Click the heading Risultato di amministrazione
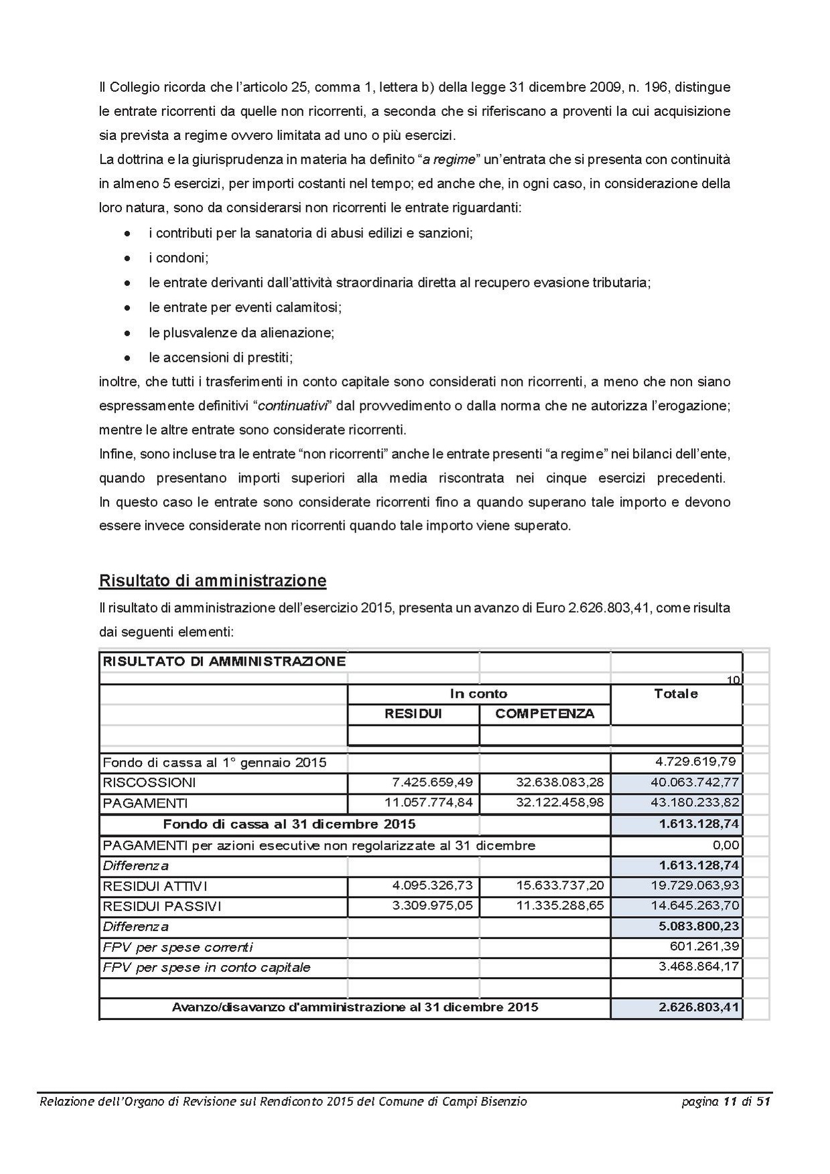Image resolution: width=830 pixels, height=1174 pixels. pos(212,580)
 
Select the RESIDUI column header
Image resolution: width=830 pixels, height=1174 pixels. pos(413,714)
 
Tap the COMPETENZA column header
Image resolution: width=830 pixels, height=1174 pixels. pos(544,714)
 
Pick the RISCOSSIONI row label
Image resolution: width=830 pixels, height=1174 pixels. pos(149,782)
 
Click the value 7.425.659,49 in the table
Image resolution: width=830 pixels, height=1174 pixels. pos(433,782)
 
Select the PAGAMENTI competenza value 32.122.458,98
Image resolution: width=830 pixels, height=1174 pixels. pos(560,802)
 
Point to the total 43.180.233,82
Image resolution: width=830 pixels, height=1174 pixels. pos(695,802)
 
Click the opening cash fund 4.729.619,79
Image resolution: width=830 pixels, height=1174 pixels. pos(695,761)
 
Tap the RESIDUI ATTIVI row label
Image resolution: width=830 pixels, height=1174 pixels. pos(155,886)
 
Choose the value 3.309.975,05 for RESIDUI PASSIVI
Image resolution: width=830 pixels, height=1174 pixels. pos(433,905)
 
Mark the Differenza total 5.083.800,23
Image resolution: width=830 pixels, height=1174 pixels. pos(699,926)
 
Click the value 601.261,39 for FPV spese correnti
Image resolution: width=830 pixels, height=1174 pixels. pos(704,946)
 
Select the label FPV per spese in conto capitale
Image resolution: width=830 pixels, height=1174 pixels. pos(206,967)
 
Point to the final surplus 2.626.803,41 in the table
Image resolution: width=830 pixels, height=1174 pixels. pos(699,1007)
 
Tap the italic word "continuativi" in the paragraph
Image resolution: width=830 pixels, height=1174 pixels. pos(293,406)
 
